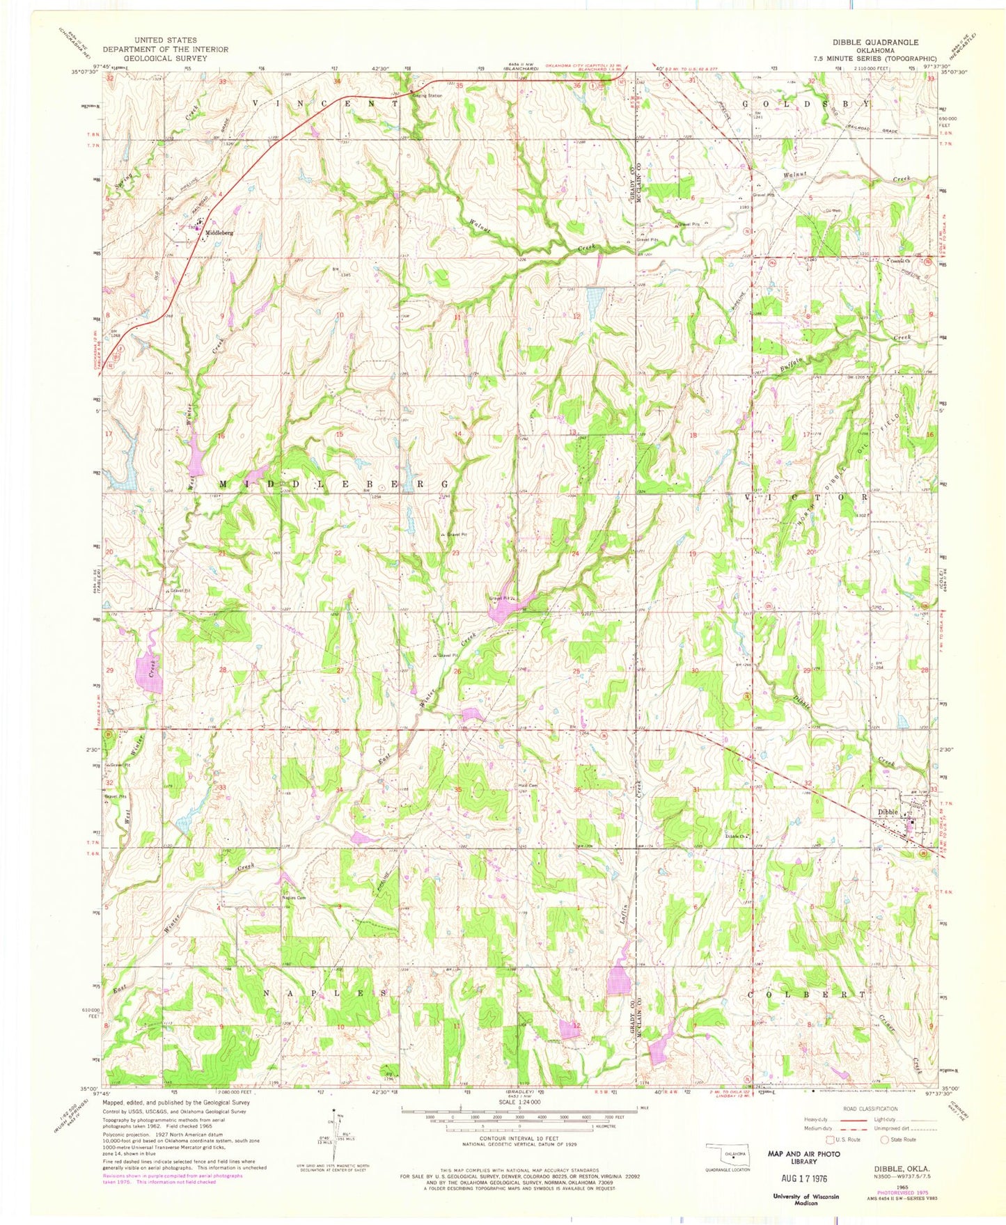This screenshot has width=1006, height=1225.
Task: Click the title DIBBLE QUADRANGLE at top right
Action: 875,42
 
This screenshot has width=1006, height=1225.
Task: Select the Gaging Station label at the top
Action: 427,95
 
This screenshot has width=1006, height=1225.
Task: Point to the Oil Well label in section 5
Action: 833,211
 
